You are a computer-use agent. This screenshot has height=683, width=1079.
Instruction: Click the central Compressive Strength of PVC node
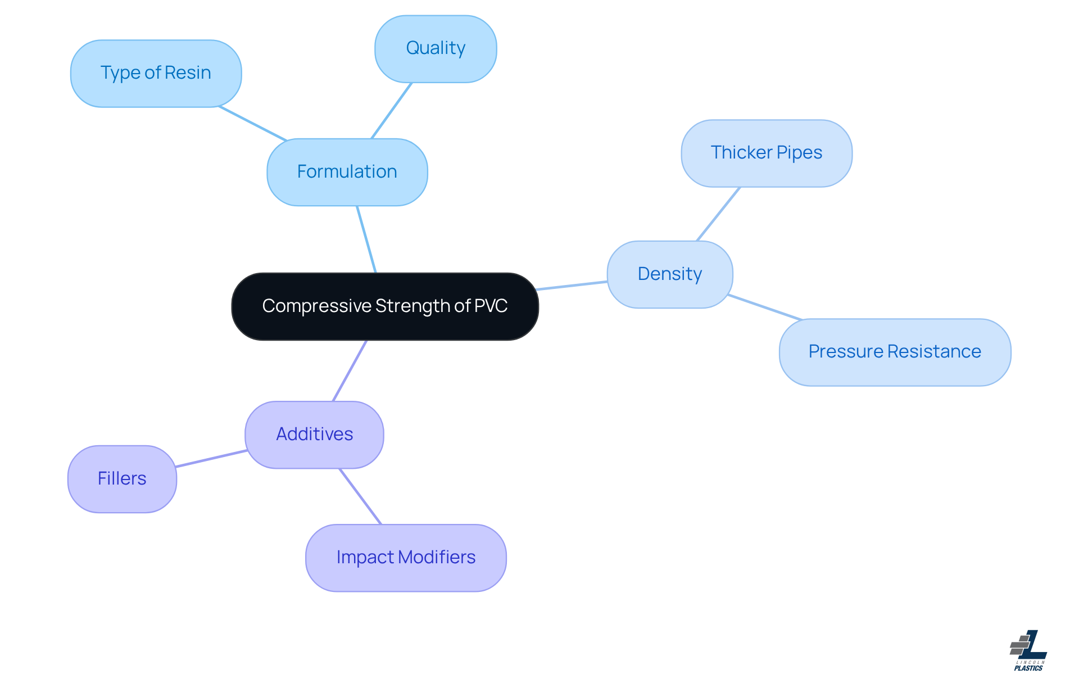385,306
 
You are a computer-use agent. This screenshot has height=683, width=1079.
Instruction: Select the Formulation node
347,172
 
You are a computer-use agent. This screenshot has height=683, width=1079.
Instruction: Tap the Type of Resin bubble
156,73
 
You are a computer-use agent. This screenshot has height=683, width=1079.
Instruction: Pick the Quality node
436,49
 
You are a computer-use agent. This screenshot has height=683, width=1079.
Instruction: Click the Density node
669,274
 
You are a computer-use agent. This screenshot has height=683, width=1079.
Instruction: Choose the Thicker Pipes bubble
766,153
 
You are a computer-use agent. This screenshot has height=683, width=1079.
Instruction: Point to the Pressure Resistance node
894,352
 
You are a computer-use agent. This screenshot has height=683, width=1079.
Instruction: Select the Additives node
314,435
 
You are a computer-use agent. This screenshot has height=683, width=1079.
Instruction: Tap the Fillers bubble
122,479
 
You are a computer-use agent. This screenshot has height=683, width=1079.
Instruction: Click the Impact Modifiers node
405,558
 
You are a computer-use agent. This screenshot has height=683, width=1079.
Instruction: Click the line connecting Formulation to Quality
392,111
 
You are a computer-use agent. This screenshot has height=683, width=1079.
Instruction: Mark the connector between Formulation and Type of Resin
253,123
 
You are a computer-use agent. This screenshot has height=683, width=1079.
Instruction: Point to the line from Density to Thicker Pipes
718,214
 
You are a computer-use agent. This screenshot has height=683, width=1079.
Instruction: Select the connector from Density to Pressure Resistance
765,307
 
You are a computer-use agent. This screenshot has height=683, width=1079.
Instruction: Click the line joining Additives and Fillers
211,459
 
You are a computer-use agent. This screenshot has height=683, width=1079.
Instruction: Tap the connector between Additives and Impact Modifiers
360,496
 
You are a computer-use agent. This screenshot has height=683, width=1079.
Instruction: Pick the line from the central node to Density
572,286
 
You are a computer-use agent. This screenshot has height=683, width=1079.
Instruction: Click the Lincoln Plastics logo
1028,650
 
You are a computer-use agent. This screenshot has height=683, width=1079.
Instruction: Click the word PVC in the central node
491,306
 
